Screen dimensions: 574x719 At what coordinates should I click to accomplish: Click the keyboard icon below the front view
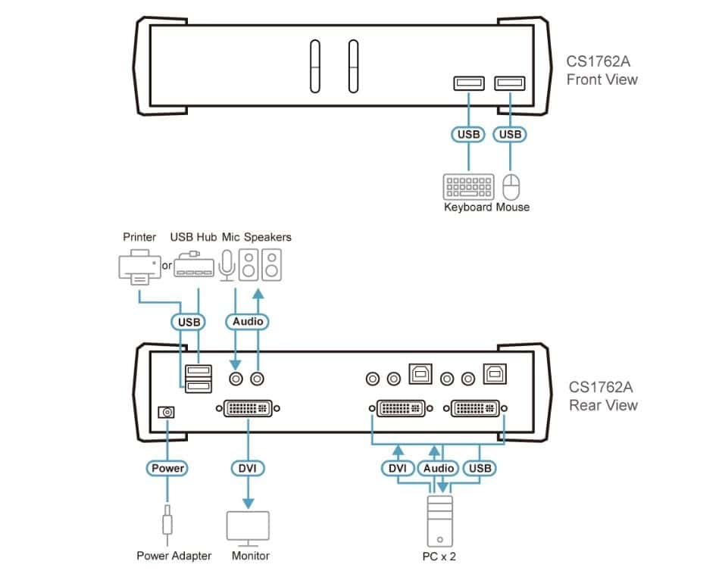468,187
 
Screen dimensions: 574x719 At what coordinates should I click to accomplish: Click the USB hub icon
193,265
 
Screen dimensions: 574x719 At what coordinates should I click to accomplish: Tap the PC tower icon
439,522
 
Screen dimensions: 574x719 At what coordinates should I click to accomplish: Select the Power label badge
167,468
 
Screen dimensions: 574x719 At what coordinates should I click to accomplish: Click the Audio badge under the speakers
248,321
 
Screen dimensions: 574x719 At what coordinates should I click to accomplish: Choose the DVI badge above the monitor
248,468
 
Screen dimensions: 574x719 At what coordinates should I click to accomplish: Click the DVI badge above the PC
397,468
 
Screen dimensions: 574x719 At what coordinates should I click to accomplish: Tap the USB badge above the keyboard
468,134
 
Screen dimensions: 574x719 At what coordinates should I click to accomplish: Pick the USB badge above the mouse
511,134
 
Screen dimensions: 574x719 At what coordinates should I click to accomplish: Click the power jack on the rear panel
167,412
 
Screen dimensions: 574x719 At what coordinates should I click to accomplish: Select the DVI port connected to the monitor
248,410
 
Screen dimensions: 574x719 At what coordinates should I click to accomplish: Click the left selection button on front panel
315,67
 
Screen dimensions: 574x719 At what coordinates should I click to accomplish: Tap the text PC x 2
439,557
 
